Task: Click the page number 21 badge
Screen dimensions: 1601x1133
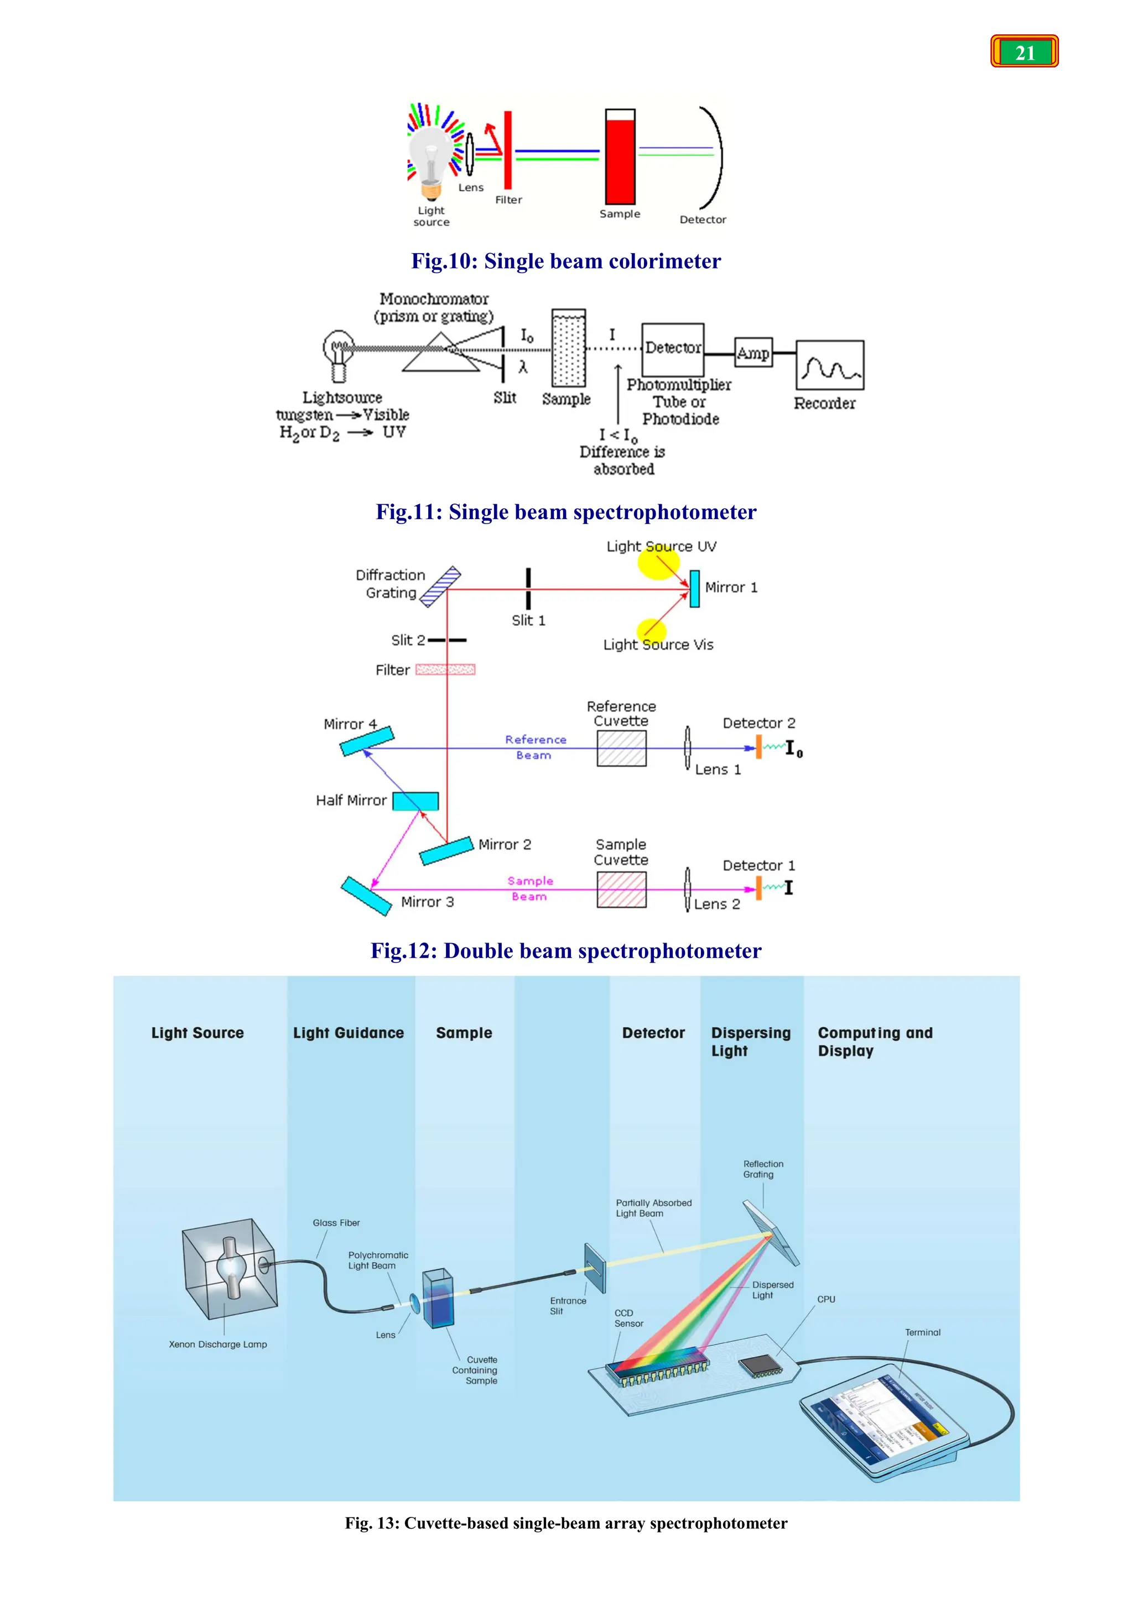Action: coord(1024,51)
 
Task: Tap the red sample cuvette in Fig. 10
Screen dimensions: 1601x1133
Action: coord(620,158)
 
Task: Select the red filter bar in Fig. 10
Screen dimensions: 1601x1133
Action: coord(508,150)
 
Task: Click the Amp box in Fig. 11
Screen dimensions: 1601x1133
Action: coord(753,353)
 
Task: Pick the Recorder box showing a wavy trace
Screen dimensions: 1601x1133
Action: coord(829,365)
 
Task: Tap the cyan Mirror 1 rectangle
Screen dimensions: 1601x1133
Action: coord(694,589)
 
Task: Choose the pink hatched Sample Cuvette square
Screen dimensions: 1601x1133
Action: coord(621,889)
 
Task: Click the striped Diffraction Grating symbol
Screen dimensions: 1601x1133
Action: coord(440,587)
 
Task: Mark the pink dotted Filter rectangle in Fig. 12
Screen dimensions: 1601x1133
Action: coord(445,669)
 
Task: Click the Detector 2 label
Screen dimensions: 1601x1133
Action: coord(758,723)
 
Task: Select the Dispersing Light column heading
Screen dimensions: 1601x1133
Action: coord(750,1042)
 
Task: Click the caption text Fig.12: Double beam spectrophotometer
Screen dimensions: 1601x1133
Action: coord(566,951)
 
